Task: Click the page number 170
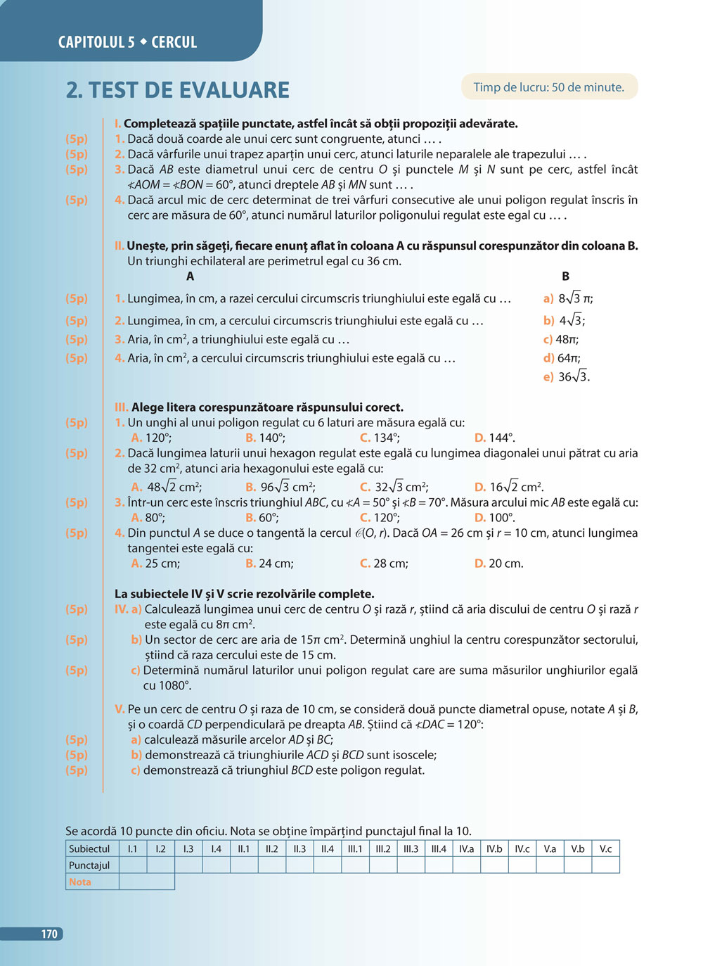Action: click(x=49, y=934)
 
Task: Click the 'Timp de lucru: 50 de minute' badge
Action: click(x=548, y=87)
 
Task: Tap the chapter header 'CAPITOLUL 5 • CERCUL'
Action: click(x=127, y=42)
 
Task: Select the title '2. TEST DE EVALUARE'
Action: click(x=178, y=90)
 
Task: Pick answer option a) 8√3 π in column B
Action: click(x=568, y=298)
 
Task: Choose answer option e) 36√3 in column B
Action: click(x=567, y=377)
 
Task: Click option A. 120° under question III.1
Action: click(x=151, y=438)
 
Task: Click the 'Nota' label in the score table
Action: click(x=80, y=882)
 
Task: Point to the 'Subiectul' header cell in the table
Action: click(x=90, y=849)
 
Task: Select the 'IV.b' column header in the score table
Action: click(x=494, y=849)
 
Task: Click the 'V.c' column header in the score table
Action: click(x=605, y=849)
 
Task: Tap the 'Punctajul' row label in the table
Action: click(x=90, y=865)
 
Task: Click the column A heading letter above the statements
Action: click(x=190, y=277)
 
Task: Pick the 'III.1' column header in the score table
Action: click(x=355, y=849)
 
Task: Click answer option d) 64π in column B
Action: click(x=562, y=358)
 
